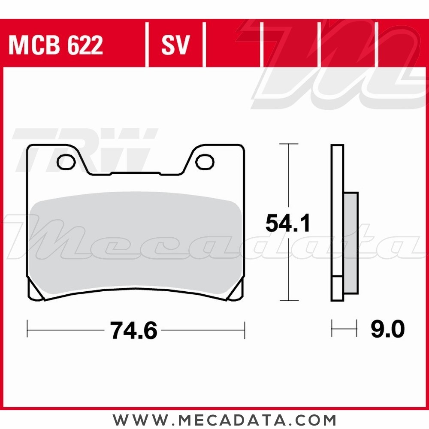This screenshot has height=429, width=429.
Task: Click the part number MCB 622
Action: point(56,45)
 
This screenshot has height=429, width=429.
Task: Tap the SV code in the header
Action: point(175,45)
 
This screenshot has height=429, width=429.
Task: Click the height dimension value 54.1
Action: point(287,224)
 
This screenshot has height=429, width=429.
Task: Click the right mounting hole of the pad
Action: point(205,162)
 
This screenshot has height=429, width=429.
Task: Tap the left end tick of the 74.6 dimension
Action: point(27,330)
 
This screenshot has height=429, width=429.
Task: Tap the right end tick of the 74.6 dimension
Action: point(245,330)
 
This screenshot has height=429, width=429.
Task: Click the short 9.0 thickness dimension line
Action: point(344,330)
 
